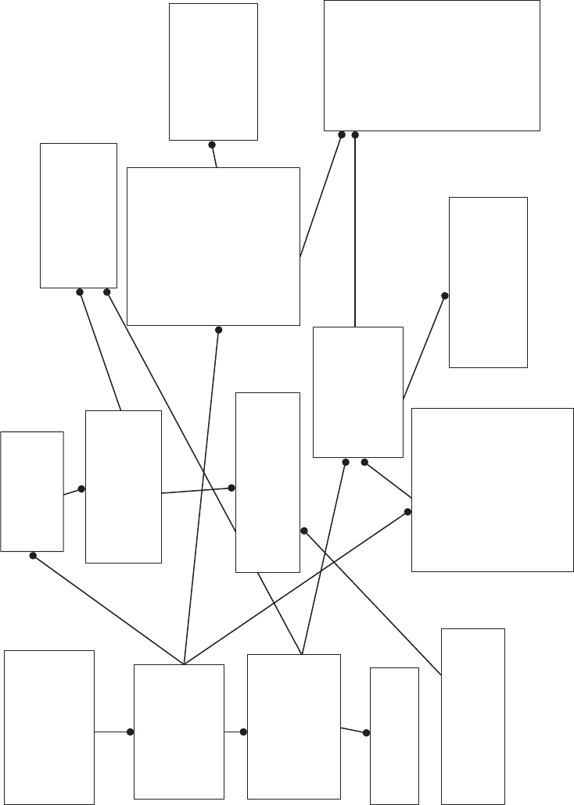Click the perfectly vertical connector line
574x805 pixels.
point(355,234)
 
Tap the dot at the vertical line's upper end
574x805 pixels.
point(355,134)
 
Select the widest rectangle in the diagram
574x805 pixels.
point(432,66)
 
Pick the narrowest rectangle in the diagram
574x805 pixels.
point(394,735)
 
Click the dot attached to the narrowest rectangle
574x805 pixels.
point(367,732)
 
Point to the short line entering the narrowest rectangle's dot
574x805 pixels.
point(353,730)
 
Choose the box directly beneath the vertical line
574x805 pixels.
point(357,392)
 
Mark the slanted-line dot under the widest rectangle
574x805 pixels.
point(342,134)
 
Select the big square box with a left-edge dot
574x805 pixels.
point(493,489)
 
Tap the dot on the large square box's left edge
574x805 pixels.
point(408,512)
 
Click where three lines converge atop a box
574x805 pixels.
point(184,664)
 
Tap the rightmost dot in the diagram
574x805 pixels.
point(445,296)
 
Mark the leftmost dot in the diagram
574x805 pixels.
point(33,556)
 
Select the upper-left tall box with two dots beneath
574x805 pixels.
point(78,215)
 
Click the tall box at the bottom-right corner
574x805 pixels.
point(472,716)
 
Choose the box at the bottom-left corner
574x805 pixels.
point(49,727)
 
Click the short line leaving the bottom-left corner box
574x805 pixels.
point(112,732)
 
